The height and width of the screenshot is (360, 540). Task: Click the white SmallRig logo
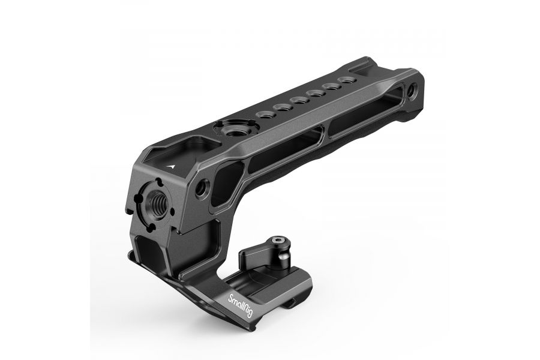[x=241, y=305]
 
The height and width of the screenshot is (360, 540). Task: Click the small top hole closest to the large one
[x=264, y=115]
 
